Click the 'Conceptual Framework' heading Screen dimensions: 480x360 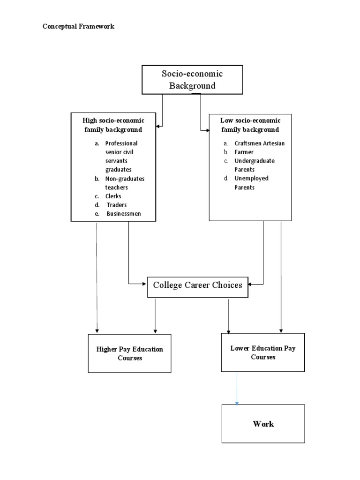tap(78, 26)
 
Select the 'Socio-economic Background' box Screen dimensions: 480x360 tap(192, 80)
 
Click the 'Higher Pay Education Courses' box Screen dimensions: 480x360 tap(129, 353)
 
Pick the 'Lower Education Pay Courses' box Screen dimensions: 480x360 tap(262, 352)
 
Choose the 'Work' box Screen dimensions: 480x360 tap(263, 424)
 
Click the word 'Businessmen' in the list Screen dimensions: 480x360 tap(124, 214)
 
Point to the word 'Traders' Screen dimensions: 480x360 tap(116, 205)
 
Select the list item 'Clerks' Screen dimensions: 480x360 tap(113, 196)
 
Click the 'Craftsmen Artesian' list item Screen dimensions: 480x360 tap(259, 143)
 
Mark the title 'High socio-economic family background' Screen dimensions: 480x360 tap(113, 125)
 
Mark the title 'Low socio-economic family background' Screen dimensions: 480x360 tap(250, 125)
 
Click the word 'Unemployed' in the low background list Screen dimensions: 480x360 tap(251, 178)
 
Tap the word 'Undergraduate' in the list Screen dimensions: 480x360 tap(255, 161)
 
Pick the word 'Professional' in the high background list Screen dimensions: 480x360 tap(121, 143)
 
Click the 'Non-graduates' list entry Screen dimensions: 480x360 tap(125, 179)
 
